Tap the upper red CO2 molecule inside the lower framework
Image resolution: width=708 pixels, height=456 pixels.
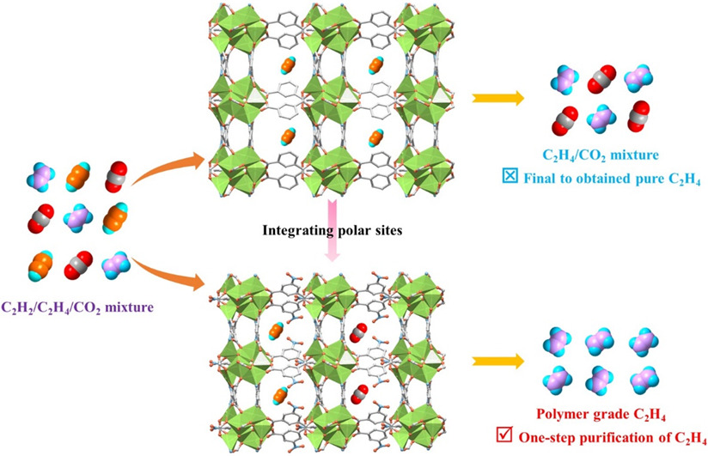click(360, 331)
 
